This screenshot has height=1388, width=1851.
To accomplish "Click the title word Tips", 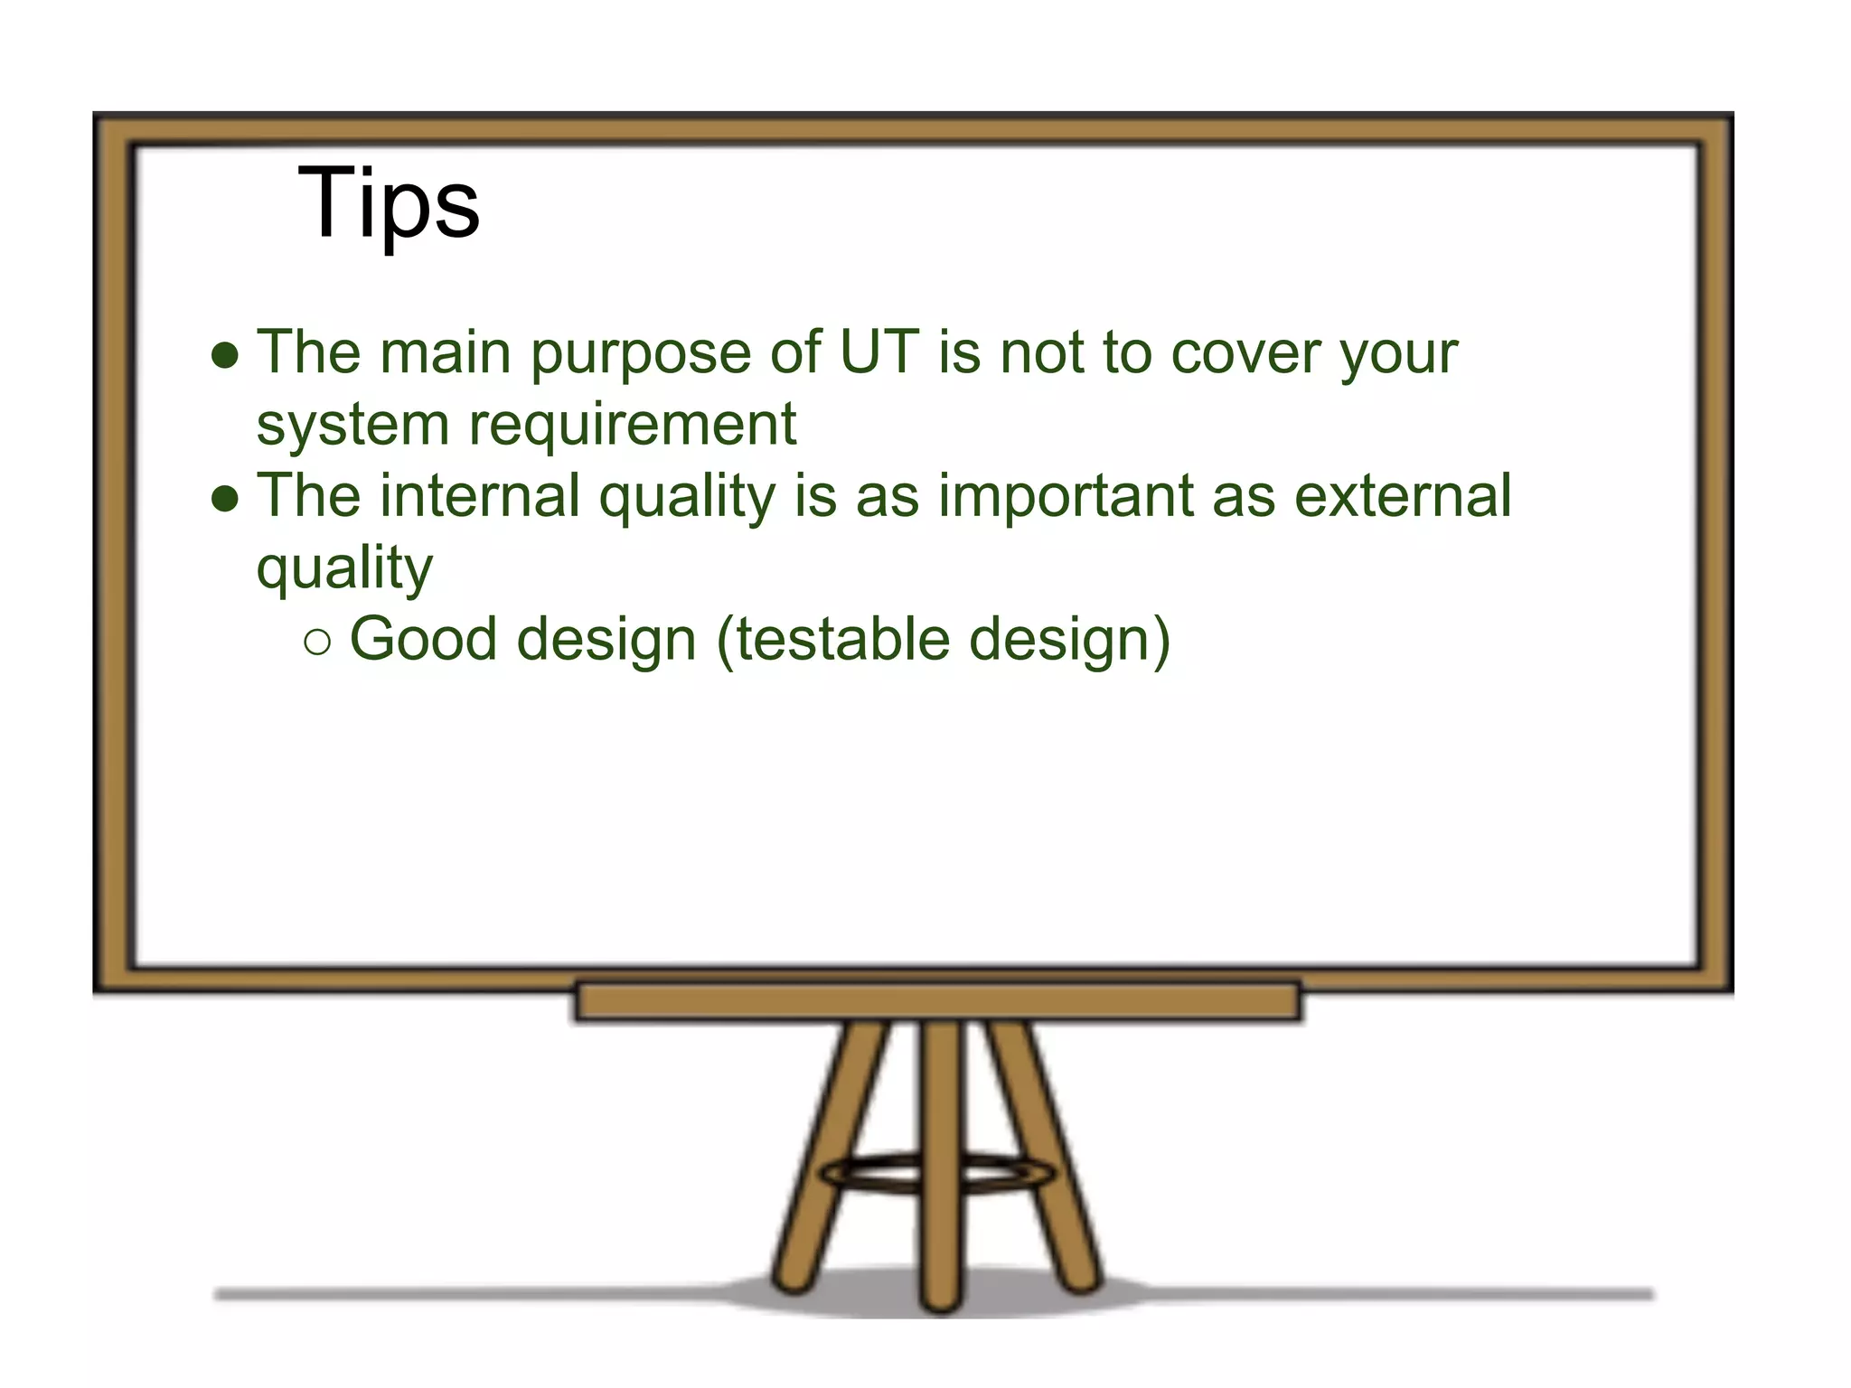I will click(389, 203).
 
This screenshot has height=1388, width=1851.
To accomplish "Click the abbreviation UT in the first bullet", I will click(879, 352).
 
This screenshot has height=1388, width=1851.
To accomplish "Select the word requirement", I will click(633, 425).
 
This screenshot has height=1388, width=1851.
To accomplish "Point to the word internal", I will click(480, 496).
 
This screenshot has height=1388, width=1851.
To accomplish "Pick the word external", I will click(1403, 496).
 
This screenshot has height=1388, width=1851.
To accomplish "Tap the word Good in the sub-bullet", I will click(423, 639).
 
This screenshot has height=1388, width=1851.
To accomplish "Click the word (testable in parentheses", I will click(832, 641).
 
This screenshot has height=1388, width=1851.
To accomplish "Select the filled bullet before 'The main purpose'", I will click(224, 356).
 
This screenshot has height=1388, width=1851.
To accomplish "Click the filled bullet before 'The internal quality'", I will click(224, 499).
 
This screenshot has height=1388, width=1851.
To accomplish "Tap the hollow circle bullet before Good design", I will click(317, 642).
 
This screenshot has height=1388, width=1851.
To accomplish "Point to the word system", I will click(352, 426).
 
